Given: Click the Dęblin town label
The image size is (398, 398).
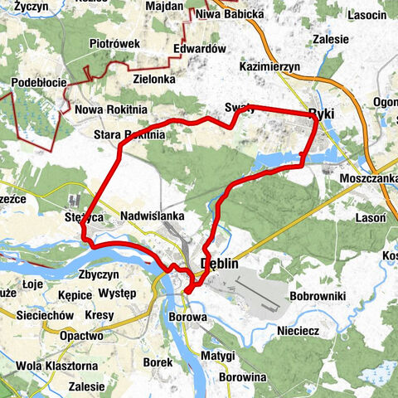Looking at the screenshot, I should coord(220,264).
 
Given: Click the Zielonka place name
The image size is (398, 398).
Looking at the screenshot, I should coord(150,78).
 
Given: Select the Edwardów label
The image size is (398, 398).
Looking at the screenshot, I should coord(200,49).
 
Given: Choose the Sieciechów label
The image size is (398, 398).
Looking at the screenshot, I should coord(29,316).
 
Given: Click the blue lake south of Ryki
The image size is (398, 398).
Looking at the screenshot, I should coord(278,159).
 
